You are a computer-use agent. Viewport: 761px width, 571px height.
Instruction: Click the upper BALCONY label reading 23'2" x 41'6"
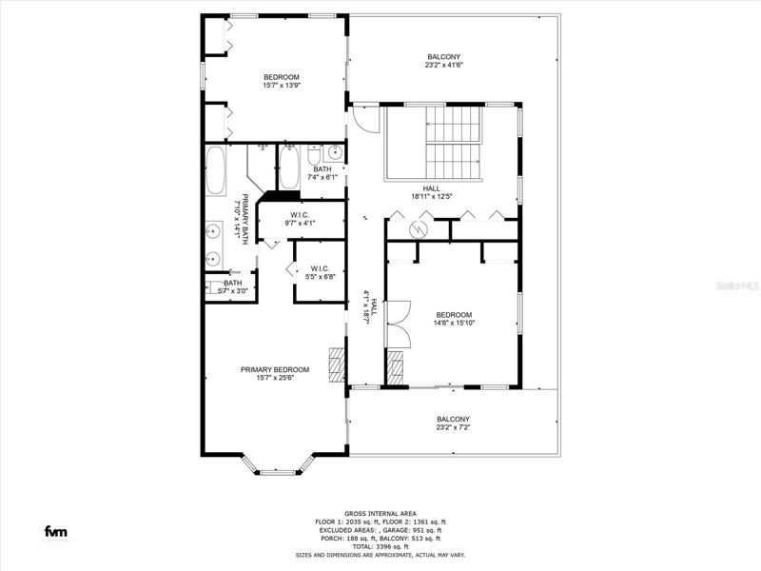pos(443,61)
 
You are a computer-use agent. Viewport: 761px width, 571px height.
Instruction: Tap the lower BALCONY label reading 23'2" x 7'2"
pos(454,423)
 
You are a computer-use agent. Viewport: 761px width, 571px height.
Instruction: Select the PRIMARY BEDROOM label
pos(275,373)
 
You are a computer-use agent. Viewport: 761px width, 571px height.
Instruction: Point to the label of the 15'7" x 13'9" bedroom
pos(282,81)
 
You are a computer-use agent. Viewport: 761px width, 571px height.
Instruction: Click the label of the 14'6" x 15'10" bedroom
pos(454,319)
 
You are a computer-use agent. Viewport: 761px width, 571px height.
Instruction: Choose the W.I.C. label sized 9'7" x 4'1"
pos(300,219)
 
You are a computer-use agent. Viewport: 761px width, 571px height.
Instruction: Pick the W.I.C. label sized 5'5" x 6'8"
pos(320,273)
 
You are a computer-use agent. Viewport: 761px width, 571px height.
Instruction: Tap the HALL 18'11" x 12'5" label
pos(432,192)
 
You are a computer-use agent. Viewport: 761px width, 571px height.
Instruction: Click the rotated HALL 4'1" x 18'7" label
pos(370,306)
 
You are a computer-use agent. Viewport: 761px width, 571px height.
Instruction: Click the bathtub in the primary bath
pos(216,170)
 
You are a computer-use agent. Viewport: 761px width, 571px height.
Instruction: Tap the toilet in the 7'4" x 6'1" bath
pos(314,155)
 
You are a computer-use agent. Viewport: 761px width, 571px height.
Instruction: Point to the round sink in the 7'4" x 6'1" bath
pos(335,153)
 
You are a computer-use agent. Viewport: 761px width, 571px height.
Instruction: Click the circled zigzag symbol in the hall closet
pos(417,229)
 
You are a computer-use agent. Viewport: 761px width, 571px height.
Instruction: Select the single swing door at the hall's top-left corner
pos(365,119)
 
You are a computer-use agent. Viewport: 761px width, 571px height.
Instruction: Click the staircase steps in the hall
pos(454,144)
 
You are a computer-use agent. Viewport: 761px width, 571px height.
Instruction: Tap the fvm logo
pos(56,532)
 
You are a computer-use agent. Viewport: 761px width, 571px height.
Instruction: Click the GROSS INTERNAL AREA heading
pos(380,514)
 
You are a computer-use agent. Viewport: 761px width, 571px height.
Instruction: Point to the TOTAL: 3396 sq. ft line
pos(380,546)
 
